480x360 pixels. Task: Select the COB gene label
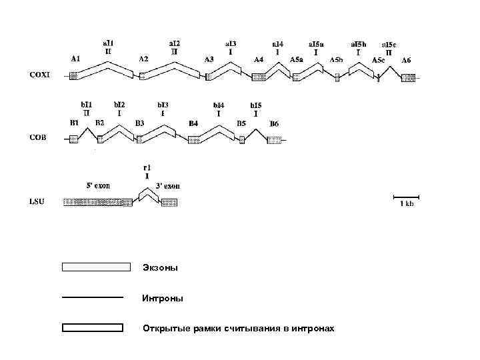(39, 139)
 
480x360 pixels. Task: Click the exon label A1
(75, 59)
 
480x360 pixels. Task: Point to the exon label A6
(406, 60)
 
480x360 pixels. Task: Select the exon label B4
(193, 123)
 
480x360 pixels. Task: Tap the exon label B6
(274, 123)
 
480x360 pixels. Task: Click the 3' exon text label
(167, 187)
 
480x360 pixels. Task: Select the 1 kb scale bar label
(406, 205)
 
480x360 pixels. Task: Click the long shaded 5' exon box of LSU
(98, 202)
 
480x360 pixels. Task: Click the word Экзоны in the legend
(160, 268)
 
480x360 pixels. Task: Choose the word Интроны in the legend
(162, 299)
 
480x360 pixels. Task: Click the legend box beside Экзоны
(95, 267)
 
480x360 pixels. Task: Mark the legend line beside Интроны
(92, 297)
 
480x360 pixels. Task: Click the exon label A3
(209, 59)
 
